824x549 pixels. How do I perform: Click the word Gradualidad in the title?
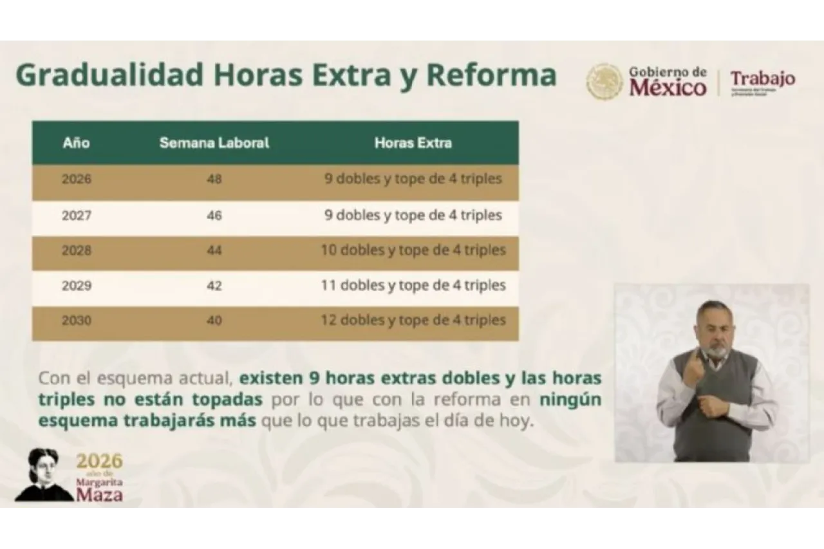(x=109, y=75)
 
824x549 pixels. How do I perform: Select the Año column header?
(x=76, y=143)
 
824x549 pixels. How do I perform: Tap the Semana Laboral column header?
(x=214, y=143)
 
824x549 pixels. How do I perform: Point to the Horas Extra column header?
(x=413, y=143)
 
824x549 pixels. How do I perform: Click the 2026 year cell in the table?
(x=77, y=180)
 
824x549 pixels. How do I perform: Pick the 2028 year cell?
(x=77, y=250)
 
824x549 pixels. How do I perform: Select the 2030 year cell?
(x=77, y=321)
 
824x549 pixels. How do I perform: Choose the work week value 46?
(x=214, y=216)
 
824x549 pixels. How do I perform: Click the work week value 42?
(x=214, y=286)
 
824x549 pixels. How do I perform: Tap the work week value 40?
(x=214, y=321)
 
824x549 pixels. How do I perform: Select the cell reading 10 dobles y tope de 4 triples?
(x=413, y=250)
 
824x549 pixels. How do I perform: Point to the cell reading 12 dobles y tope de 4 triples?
(x=413, y=320)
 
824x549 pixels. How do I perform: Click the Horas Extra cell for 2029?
(x=413, y=285)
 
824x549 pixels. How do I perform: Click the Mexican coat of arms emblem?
(x=604, y=82)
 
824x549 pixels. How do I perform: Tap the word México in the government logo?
(x=668, y=88)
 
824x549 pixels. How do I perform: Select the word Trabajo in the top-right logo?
(x=763, y=79)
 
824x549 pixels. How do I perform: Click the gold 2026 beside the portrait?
(x=99, y=461)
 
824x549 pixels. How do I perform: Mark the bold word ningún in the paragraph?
(x=570, y=399)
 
